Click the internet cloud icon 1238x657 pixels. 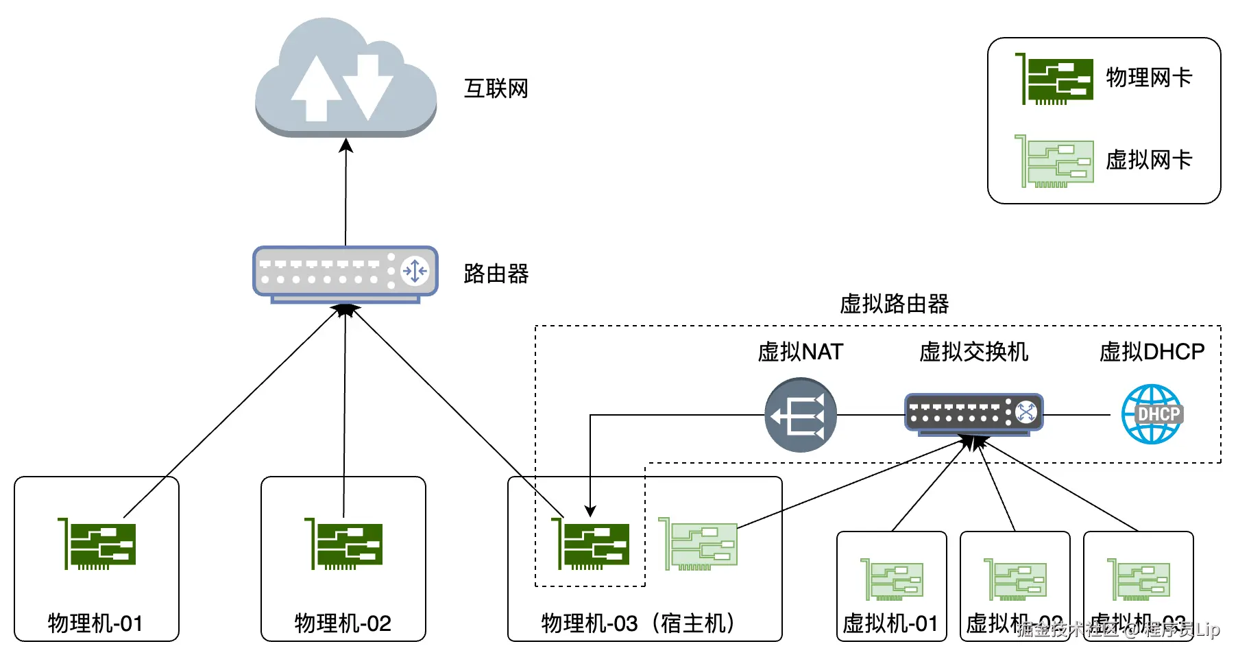tap(345, 79)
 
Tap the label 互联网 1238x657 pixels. tap(496, 88)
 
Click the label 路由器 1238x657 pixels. tap(496, 274)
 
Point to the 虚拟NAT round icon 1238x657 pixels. tap(800, 415)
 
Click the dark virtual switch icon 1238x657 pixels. tap(973, 414)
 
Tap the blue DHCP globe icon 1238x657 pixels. tap(1152, 414)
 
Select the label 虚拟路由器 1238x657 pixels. tap(894, 304)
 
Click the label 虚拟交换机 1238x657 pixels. tap(973, 352)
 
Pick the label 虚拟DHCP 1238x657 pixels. tap(1152, 352)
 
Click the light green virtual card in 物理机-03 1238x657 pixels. tap(698, 545)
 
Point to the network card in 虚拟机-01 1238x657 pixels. tap(892, 580)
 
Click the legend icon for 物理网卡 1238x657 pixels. tap(1054, 80)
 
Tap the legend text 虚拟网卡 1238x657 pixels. tap(1149, 160)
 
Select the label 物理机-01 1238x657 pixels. tap(95, 623)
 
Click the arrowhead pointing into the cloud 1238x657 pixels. tap(346, 145)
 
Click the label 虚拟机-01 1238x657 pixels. tap(890, 623)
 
